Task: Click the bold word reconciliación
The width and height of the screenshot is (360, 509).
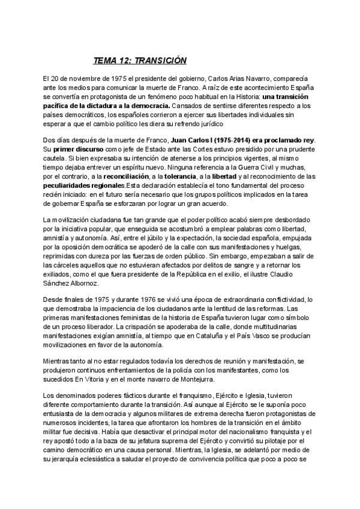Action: click(x=128, y=177)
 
